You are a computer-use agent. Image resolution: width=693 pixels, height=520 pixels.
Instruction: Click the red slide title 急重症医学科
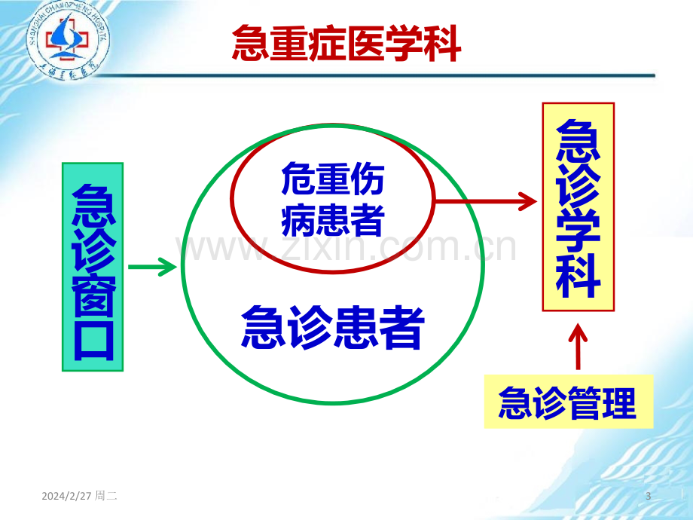point(346,43)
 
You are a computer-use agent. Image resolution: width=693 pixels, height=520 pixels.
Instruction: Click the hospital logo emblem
point(67,41)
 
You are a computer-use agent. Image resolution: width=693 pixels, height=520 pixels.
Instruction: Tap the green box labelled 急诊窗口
point(93,267)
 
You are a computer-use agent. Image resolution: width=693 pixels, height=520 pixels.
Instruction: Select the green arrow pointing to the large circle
point(152,267)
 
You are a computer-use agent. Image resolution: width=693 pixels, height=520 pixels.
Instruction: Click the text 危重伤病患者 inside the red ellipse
point(332,199)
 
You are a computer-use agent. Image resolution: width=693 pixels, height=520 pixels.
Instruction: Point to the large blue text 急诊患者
point(332,327)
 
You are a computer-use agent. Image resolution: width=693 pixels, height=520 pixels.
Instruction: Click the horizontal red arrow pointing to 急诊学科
point(486,202)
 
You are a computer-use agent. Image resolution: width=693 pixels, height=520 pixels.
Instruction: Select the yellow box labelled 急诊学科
point(578,207)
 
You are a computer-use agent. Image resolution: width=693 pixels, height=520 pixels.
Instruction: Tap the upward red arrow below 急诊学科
point(578,346)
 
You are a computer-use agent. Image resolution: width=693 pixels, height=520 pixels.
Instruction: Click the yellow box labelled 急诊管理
point(569,402)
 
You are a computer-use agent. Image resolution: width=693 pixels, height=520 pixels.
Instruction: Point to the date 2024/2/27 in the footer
point(66,496)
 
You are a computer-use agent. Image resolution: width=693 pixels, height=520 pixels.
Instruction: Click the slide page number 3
point(649,496)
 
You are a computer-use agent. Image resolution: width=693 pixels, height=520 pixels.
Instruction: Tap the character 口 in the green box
point(93,340)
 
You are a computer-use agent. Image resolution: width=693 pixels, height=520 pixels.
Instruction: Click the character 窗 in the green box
point(93,295)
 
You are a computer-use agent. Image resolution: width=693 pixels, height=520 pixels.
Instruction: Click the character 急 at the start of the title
point(251,43)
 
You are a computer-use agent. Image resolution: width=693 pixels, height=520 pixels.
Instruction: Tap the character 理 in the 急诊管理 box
point(619,402)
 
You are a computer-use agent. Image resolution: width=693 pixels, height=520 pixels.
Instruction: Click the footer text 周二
point(106,496)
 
